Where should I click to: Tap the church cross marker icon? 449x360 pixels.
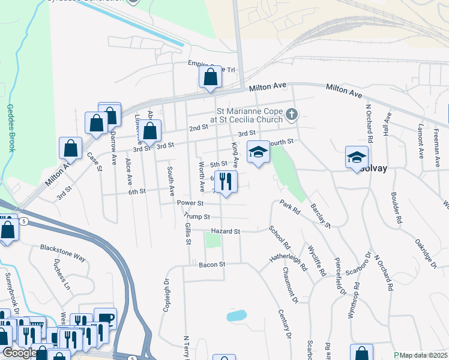291,114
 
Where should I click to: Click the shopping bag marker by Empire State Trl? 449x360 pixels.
210,77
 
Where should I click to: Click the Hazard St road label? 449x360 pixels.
225,231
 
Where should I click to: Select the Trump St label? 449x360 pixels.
197,216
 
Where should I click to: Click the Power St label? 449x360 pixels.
191,203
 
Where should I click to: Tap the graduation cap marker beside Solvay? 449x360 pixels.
357,158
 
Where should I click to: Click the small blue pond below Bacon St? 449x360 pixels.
237,316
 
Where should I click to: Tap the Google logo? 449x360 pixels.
20,353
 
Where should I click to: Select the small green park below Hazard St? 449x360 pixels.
212,240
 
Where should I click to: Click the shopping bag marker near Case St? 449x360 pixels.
71,149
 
